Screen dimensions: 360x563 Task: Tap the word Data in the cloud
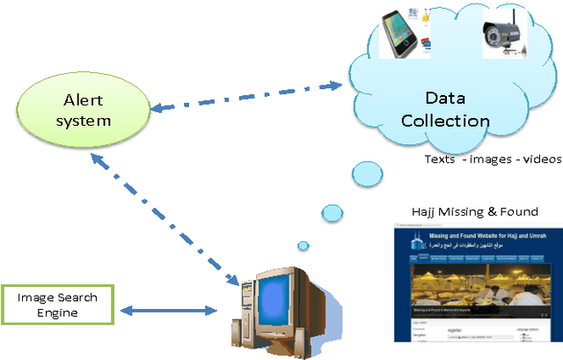point(445,99)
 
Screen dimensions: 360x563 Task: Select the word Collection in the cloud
point(445,120)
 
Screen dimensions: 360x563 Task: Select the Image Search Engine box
point(57,304)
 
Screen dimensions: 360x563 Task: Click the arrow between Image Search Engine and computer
point(167,310)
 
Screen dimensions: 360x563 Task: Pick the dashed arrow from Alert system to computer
point(167,216)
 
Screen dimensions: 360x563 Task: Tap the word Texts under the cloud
point(440,158)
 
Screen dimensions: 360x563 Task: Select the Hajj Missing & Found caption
point(474,211)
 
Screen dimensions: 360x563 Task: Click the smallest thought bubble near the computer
point(303,246)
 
